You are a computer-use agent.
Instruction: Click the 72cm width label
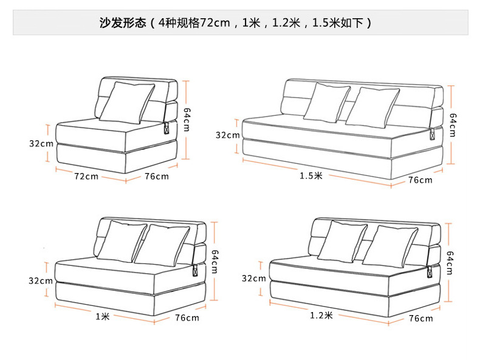[86, 177]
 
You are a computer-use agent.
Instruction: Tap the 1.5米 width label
[310, 175]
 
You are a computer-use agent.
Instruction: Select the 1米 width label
[102, 316]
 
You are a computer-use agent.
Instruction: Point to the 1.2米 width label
[321, 315]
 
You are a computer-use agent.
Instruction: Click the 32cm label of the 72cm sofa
[41, 144]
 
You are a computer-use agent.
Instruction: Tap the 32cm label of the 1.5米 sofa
[228, 135]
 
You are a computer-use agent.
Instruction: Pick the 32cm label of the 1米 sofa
[41, 280]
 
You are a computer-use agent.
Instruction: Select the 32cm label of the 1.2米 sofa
[254, 279]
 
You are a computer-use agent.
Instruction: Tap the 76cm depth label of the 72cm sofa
[157, 177]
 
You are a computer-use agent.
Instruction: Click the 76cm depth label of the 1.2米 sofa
[420, 319]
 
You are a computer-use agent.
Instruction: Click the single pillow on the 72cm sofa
[126, 102]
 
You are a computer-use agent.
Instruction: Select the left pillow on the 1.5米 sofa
[326, 101]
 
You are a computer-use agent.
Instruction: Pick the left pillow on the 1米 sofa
[122, 241]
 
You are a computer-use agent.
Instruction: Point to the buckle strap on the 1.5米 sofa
[433, 135]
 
